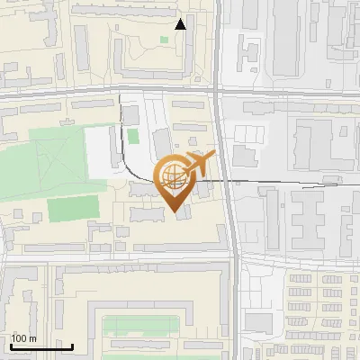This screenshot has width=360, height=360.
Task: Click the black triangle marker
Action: pos(181,24)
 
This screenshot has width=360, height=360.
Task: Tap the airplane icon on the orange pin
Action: pos(198,165)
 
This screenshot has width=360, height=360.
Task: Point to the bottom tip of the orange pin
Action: pos(175,211)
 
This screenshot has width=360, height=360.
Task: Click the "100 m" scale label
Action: pos(23,338)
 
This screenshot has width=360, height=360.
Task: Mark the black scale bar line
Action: pos(41,346)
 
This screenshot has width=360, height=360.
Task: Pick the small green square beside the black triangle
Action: pos(165,40)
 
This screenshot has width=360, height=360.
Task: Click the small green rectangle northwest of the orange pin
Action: pos(133,136)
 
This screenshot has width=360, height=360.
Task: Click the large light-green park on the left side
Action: pos(54,162)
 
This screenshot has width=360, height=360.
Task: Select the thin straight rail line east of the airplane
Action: pos(270,182)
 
